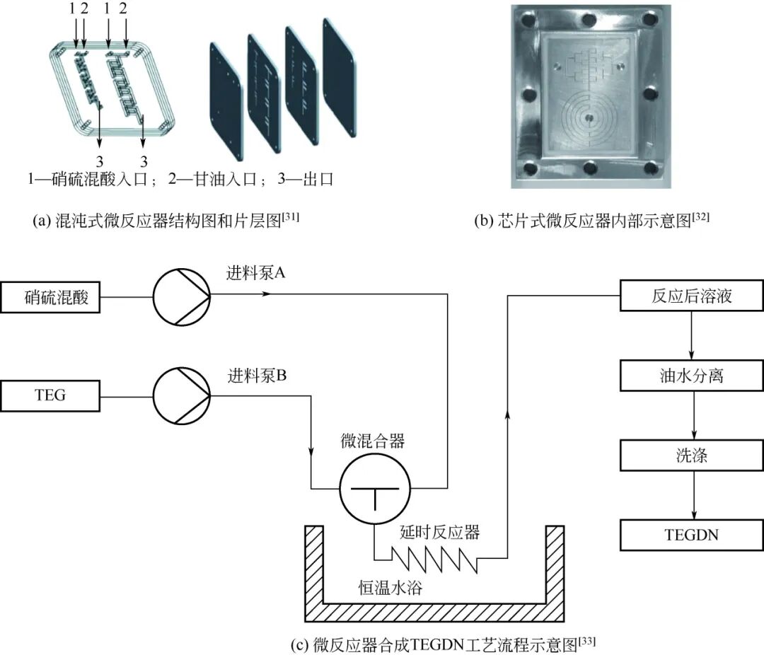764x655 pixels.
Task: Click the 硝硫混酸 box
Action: [x=50, y=297]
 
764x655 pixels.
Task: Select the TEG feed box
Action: [x=50, y=395]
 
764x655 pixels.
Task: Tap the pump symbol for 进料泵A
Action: [x=181, y=297]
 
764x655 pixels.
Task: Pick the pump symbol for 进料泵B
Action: [x=181, y=395]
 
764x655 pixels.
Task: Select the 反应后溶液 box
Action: [x=691, y=296]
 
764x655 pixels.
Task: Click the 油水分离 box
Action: [x=691, y=376]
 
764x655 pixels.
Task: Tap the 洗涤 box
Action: [x=691, y=456]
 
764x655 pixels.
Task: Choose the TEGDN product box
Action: [x=691, y=535]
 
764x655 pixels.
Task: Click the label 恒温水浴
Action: [x=390, y=587]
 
